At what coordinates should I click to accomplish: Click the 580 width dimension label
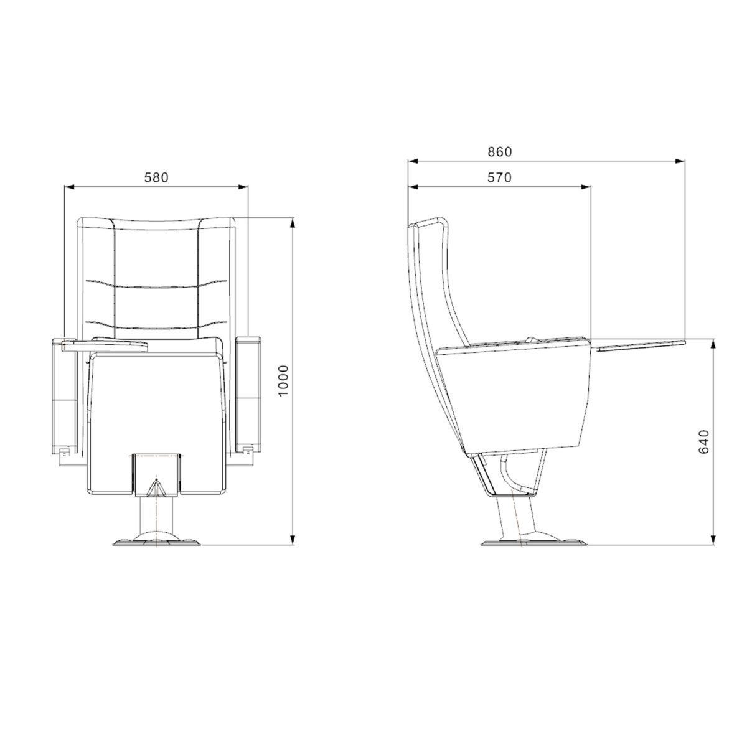point(156,177)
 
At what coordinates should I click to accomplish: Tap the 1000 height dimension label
point(284,381)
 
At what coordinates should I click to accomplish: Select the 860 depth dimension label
point(500,152)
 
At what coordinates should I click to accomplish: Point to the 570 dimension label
point(499,177)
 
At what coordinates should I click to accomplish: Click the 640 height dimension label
point(703,441)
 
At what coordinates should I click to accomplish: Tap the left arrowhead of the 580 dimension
point(69,187)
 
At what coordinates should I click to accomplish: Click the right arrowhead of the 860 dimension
point(680,161)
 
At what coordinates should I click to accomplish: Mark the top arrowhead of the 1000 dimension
point(293,223)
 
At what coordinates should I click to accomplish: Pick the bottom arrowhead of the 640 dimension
point(713,540)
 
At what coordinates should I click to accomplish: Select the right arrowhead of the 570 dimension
point(586,187)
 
